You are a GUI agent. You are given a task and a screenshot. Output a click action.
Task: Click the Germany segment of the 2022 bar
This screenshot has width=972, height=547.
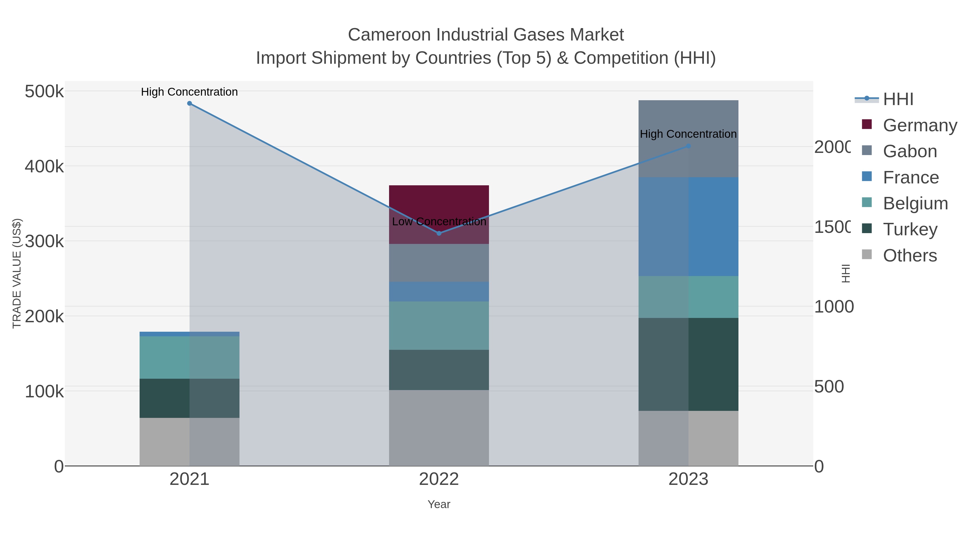[x=439, y=204]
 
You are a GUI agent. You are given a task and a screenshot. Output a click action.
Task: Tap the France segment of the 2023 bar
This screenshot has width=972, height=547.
[x=688, y=227]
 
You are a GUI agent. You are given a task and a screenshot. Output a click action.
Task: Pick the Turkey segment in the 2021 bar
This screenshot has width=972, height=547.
[x=190, y=398]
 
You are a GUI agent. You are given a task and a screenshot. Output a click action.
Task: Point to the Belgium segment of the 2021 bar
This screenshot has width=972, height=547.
[x=190, y=357]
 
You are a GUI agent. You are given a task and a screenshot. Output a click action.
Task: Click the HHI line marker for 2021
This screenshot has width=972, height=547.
[x=190, y=103]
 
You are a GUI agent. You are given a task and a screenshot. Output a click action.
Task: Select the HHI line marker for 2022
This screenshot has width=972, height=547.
[x=439, y=233]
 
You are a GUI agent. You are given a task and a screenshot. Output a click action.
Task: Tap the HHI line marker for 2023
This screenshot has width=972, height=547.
[x=688, y=146]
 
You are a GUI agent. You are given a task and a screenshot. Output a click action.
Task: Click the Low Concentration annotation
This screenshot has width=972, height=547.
[x=439, y=222]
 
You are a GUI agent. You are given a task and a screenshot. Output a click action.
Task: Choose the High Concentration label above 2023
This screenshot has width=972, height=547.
[x=688, y=134]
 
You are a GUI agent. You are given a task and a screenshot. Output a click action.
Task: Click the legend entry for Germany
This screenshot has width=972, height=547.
[x=920, y=125]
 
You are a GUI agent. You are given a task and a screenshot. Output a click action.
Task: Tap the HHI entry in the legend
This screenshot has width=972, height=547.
[x=898, y=99]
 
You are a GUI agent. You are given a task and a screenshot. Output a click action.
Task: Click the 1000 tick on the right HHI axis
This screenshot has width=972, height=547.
[x=833, y=307]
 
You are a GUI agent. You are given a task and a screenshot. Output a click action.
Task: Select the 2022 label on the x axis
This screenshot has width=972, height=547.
[x=439, y=479]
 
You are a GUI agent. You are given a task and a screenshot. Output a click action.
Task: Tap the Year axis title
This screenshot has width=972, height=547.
[x=439, y=504]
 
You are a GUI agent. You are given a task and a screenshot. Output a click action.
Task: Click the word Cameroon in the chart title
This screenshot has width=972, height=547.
[x=389, y=35]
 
